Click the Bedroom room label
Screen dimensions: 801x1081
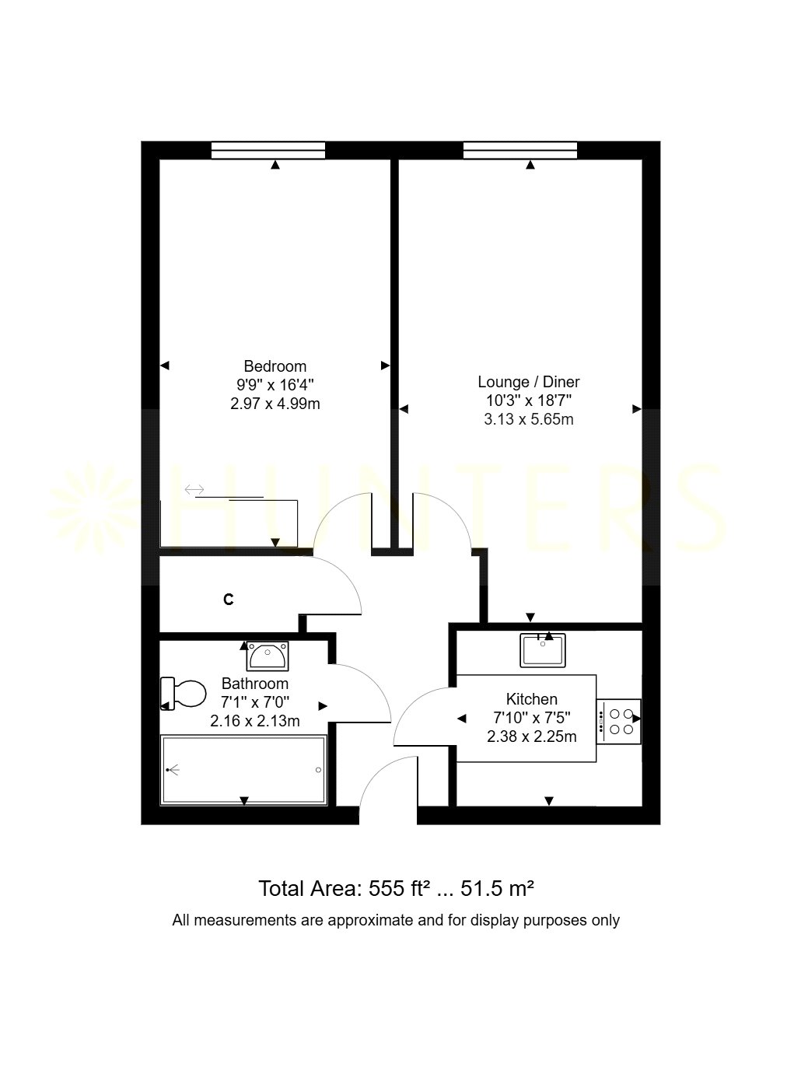[275, 366]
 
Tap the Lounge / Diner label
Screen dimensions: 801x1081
[529, 382]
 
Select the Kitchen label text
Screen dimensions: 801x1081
[531, 699]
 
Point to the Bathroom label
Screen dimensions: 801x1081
[255, 684]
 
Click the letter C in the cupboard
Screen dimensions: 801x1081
[228, 600]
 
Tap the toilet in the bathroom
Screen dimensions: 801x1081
[183, 693]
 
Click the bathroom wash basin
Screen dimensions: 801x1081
[268, 656]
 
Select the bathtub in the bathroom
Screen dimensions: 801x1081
[243, 770]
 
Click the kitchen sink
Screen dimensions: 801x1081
[543, 651]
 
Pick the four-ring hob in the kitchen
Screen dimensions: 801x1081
[619, 722]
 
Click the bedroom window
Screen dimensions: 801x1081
[268, 150]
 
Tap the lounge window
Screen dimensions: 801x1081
[520, 150]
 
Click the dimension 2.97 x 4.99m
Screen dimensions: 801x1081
[275, 404]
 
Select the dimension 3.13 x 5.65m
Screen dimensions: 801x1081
[529, 419]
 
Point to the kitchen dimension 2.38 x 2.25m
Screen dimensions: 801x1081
[531, 736]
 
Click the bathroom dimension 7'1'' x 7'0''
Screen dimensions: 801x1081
[255, 702]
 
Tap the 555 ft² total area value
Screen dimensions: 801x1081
[396, 889]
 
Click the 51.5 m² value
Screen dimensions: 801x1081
[497, 889]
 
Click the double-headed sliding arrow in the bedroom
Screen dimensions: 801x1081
[194, 489]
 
